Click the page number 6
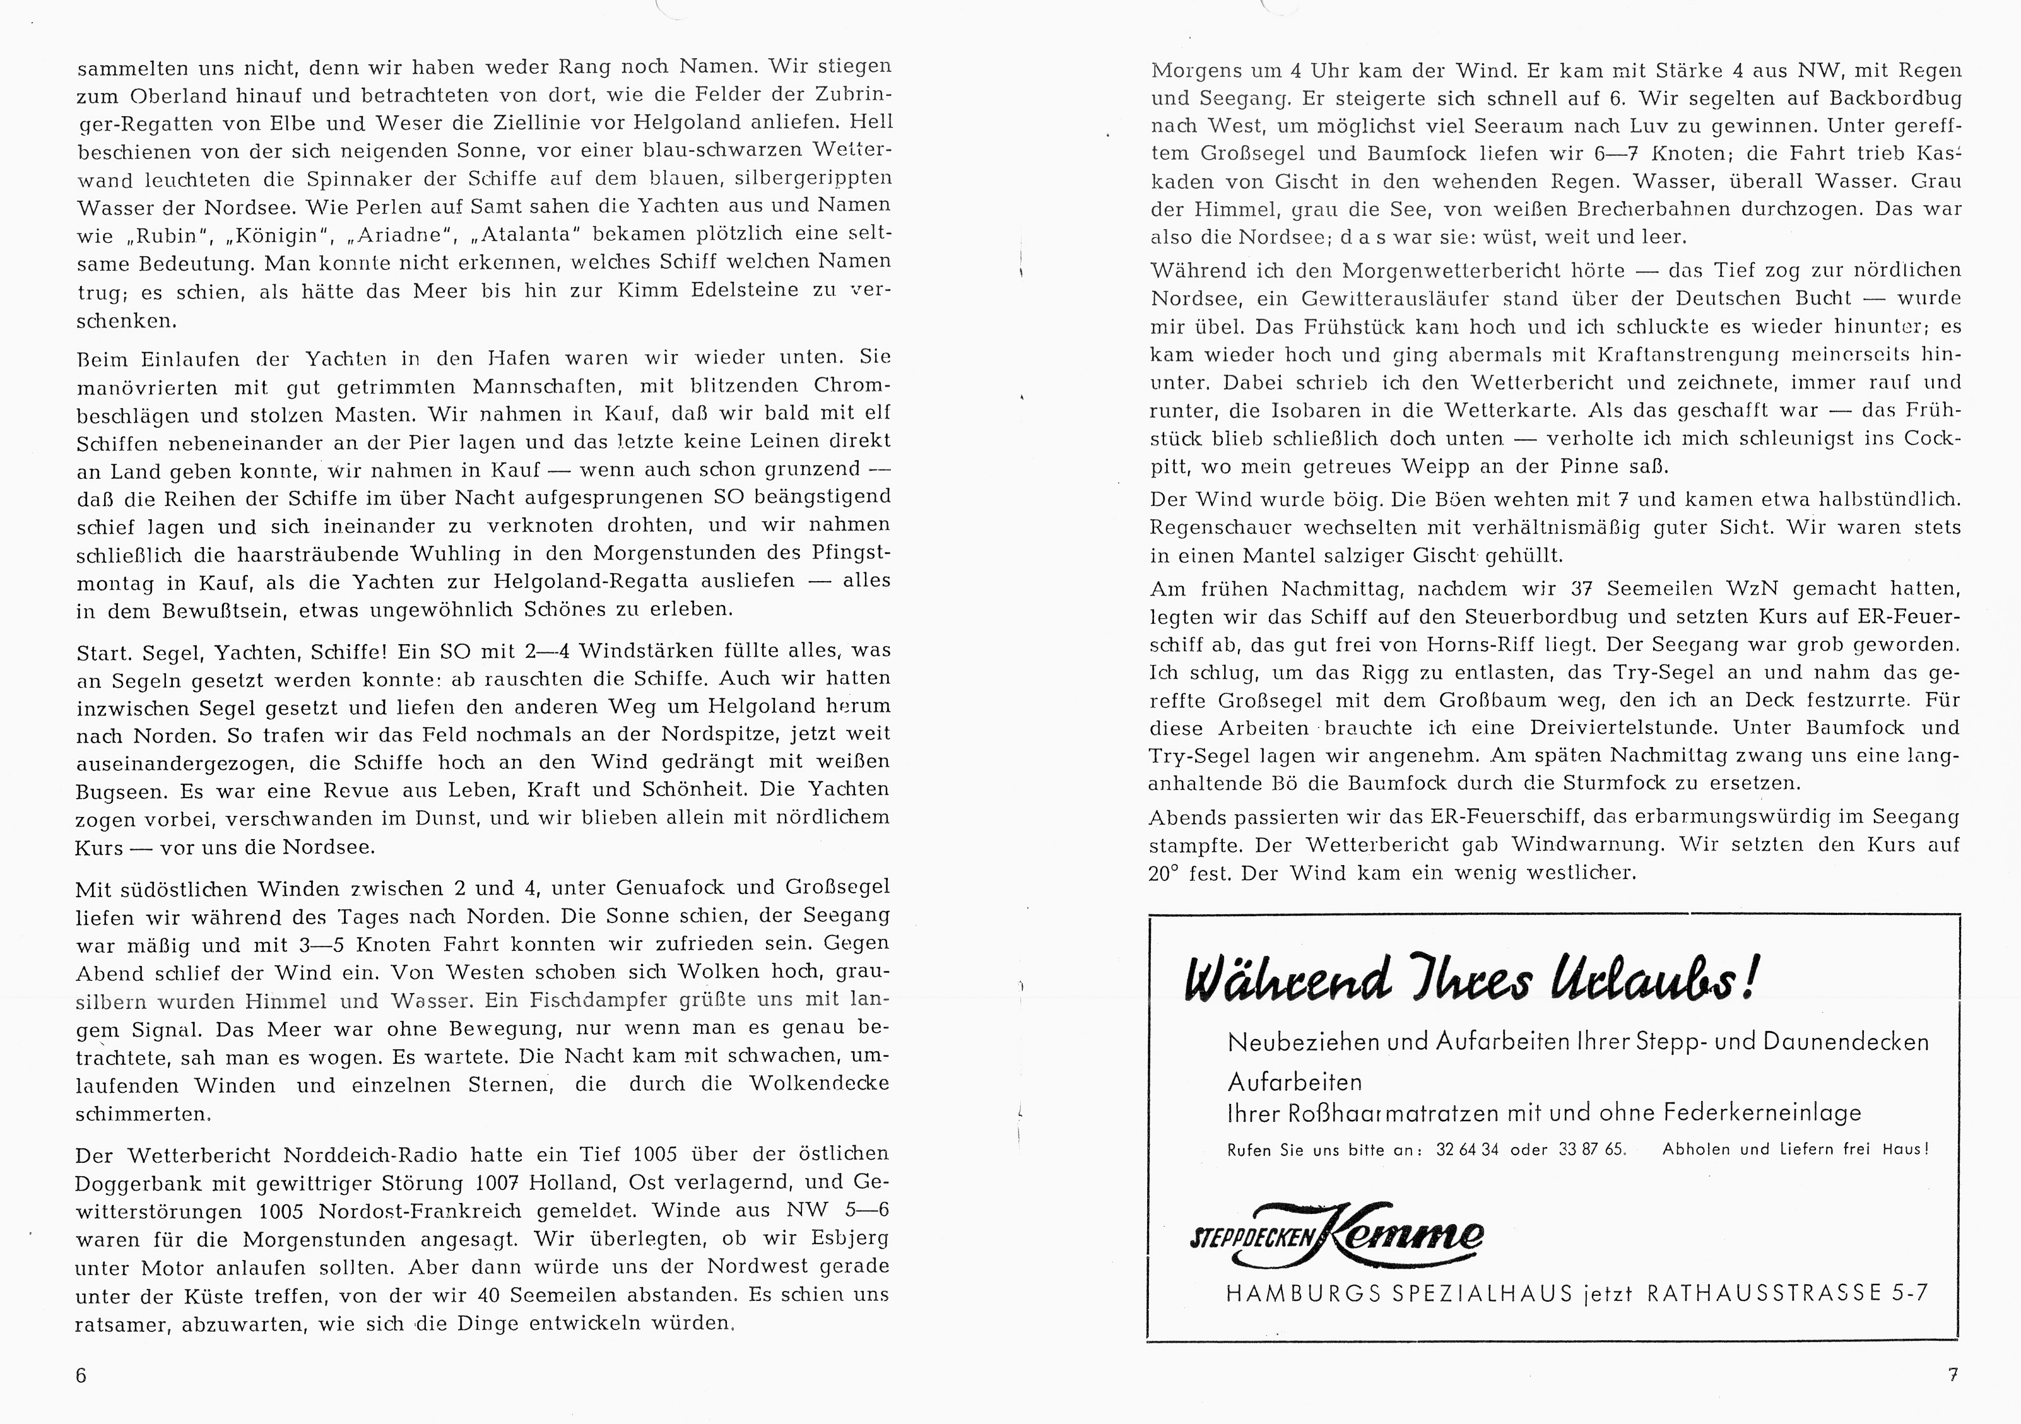(81, 1375)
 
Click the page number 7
(1952, 1374)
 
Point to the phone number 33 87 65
(1591, 1150)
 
